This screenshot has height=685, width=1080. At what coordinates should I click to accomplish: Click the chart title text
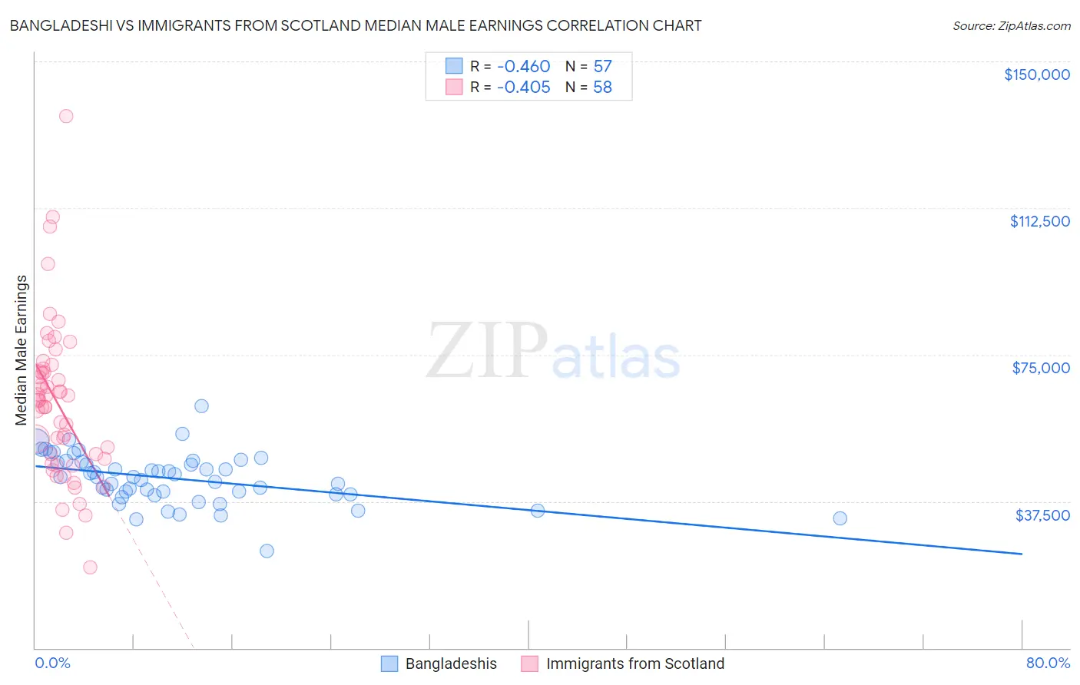(x=356, y=25)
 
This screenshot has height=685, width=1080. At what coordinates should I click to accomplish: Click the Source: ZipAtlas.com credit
(x=1011, y=25)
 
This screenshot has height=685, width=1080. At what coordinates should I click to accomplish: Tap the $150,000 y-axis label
(x=1036, y=74)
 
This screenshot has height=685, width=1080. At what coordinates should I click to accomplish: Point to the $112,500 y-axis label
(x=1039, y=221)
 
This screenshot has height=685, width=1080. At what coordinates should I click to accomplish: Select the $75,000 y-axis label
(x=1041, y=368)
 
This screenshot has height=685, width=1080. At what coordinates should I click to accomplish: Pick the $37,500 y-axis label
(x=1042, y=515)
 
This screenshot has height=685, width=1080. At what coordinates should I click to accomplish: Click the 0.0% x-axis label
(x=52, y=663)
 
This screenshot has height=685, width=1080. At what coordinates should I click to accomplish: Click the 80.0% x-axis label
(x=1048, y=663)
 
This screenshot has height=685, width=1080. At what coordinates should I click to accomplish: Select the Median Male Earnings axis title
(x=22, y=350)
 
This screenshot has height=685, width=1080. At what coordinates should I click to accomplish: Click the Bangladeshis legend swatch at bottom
(x=389, y=663)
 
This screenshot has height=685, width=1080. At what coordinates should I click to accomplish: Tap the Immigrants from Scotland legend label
(x=634, y=663)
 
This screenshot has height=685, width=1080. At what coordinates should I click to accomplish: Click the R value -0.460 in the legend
(x=523, y=67)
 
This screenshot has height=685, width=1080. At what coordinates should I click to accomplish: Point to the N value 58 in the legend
(x=602, y=88)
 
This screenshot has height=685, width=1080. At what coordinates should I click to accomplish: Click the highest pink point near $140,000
(x=66, y=116)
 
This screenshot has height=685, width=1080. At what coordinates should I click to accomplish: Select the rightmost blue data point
(x=840, y=518)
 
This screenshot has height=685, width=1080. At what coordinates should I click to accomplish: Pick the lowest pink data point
(x=90, y=568)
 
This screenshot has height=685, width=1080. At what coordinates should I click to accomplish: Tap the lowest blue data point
(x=267, y=551)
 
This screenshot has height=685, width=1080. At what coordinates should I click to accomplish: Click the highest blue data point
(x=201, y=405)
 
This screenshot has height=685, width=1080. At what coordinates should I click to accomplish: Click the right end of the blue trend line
(x=1022, y=554)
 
